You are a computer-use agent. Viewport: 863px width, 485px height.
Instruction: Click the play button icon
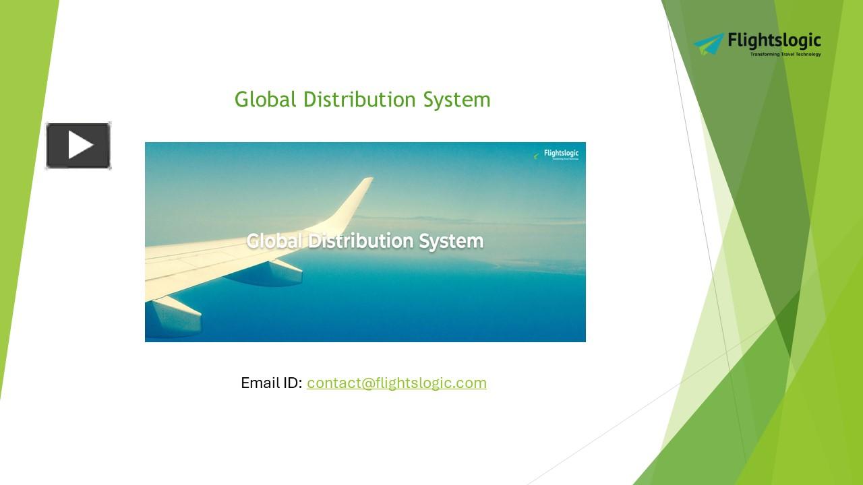[78, 145]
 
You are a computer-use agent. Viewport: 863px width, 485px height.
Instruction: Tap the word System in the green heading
[457, 100]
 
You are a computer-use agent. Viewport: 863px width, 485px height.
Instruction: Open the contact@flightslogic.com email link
[396, 383]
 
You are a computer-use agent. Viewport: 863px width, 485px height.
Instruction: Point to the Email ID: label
[271, 383]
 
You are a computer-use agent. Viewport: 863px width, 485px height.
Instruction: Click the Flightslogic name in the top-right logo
[775, 41]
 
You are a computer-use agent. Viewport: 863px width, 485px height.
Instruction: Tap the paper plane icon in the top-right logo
[709, 44]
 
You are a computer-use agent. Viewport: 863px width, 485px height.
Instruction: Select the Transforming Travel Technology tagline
[785, 54]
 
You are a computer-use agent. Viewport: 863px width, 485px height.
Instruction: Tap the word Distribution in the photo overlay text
[361, 240]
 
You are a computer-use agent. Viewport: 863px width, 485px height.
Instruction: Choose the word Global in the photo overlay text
[274, 240]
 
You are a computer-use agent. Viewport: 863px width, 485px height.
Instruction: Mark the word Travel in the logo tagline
[787, 54]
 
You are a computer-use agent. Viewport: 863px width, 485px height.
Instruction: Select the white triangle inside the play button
[80, 145]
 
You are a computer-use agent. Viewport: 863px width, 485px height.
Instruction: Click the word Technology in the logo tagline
[808, 54]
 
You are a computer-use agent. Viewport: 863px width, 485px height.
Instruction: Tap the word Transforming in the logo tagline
[764, 54]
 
